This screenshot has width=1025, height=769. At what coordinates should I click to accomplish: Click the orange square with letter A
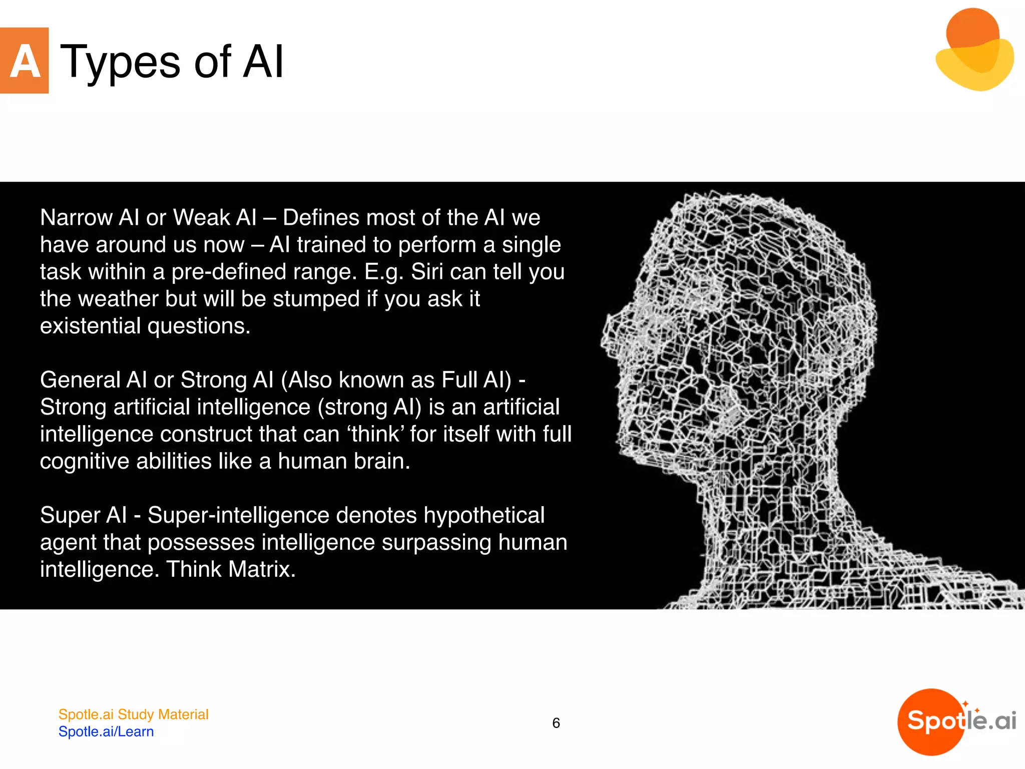(24, 61)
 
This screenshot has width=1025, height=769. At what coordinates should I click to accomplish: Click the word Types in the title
(120, 63)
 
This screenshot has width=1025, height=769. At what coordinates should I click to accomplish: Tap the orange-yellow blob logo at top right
(974, 50)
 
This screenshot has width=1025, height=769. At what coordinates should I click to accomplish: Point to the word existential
(90, 326)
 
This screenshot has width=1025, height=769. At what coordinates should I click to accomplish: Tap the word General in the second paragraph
(80, 380)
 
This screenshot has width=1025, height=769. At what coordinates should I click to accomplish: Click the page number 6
(556, 723)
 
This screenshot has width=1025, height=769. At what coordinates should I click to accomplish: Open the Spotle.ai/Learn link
(106, 731)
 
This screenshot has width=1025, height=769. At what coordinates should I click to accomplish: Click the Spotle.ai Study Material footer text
(133, 714)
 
